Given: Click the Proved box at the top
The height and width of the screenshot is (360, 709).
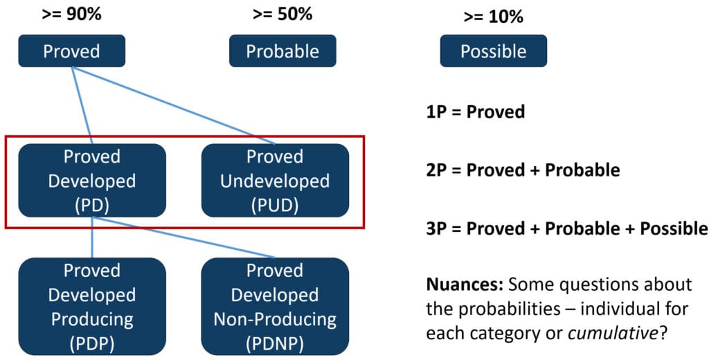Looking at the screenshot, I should (71, 51).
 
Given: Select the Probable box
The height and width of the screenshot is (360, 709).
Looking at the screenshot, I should (282, 51).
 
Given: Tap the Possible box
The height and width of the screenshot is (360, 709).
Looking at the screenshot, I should (493, 51).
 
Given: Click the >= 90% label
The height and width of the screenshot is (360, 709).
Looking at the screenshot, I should (71, 13).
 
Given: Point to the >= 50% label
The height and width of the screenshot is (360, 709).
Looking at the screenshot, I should (282, 13).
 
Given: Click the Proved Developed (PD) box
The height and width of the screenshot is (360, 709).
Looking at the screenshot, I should (91, 181).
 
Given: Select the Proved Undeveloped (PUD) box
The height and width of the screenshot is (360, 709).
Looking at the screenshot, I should (274, 181).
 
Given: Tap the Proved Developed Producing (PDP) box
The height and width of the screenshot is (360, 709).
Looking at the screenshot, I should (91, 307).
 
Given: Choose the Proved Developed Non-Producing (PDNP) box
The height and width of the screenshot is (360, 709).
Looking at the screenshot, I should (274, 307).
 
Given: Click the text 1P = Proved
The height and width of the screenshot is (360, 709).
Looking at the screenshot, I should (476, 111).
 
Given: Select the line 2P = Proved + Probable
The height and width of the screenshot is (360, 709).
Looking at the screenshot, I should (523, 170).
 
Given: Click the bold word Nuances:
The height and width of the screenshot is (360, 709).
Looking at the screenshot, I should (465, 285).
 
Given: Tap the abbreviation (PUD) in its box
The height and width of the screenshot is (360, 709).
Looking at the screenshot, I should (274, 205).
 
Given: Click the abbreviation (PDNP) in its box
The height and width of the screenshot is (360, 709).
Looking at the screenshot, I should (274, 343).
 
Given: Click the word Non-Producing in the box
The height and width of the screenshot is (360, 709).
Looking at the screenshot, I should (274, 319).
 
